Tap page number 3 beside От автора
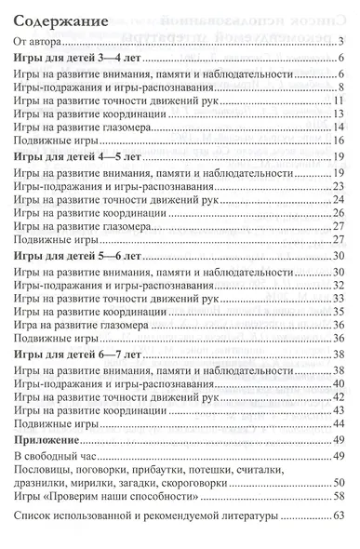pos(342,41)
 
